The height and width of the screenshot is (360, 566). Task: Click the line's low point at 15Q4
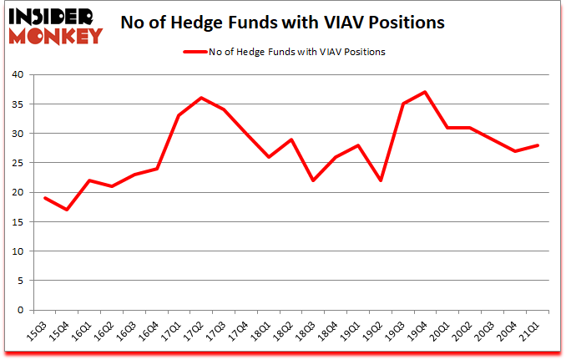[67, 210]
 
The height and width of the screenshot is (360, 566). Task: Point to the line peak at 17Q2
[202, 98]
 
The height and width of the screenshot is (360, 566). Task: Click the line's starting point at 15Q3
[44, 198]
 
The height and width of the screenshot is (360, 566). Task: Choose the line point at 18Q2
[292, 139]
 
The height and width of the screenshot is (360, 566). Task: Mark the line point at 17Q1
[179, 115]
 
